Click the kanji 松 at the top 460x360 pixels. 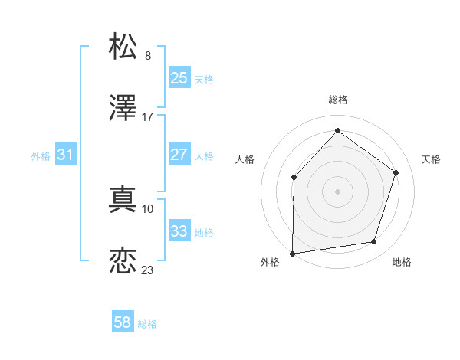point(123,45)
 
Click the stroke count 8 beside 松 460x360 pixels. point(148,55)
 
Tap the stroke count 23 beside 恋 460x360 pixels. point(148,270)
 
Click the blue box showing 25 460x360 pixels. point(179,78)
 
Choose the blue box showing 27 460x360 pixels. point(179,155)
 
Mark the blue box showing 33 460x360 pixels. point(179,231)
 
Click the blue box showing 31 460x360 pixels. point(66,155)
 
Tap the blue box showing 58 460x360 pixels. point(123,322)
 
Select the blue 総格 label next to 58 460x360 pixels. point(147,324)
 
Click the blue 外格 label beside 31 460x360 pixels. point(41,156)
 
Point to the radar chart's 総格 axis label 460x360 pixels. point(337,100)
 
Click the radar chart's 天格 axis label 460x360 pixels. point(431,159)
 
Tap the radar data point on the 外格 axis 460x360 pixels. point(292,253)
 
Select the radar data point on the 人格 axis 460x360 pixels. point(294,178)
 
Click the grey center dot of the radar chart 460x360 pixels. point(337,191)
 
